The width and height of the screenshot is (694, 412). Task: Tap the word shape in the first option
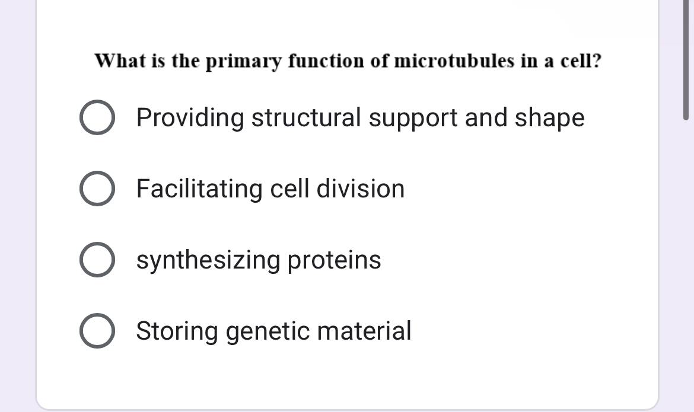549,118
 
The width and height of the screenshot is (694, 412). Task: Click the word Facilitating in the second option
200,189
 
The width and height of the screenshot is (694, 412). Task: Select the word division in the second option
361,189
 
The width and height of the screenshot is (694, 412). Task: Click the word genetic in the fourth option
268,331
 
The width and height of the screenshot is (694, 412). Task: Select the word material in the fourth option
364,331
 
